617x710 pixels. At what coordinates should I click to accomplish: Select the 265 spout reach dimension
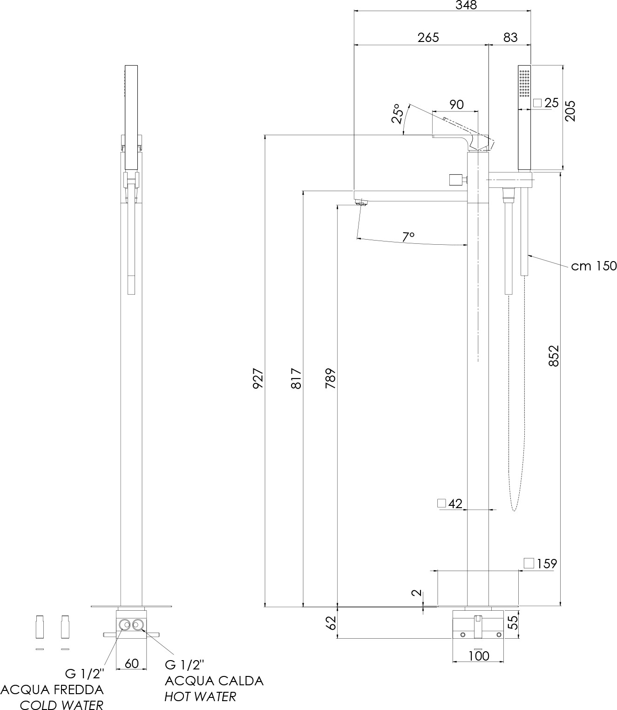coord(428,37)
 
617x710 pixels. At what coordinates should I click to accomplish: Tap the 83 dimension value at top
coord(510,37)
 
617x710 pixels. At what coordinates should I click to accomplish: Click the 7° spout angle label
coord(409,237)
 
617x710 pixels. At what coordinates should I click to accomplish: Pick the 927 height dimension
coord(258,378)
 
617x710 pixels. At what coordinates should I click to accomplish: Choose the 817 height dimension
coord(296,378)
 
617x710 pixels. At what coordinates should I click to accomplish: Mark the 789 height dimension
coord(330,378)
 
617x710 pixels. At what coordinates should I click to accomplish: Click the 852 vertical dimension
coord(554,355)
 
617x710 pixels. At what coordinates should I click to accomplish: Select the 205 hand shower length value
coord(570,111)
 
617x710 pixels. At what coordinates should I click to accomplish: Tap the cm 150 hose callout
coord(594,266)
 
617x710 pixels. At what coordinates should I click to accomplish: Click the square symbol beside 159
coord(529,563)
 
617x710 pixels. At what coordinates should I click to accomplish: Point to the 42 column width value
coord(455,503)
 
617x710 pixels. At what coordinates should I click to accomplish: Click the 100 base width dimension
coord(479,656)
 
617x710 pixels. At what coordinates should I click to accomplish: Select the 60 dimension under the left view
coord(131,663)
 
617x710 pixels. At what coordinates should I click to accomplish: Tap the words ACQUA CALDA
coord(214,681)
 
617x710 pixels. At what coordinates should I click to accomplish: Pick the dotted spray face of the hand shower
coord(524,83)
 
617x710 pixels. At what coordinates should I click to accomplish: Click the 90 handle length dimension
coord(456,104)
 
